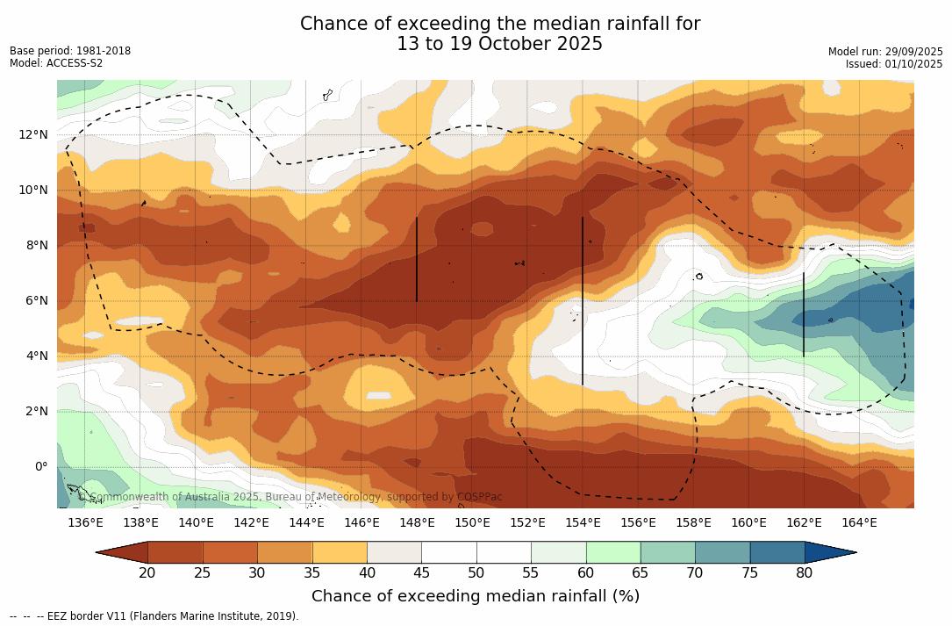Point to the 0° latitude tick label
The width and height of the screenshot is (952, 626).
[x=41, y=466]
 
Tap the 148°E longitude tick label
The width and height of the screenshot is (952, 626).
[x=417, y=523]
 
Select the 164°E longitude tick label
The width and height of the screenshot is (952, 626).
[x=859, y=523]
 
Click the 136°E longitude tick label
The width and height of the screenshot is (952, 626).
[x=85, y=523]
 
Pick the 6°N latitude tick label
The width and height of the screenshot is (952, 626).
[x=38, y=300]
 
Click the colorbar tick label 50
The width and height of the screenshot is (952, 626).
[x=476, y=573]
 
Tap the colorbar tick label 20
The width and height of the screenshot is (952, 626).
[x=147, y=573]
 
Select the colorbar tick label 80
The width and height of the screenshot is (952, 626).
[x=804, y=573]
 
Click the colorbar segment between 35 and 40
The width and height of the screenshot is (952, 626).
[x=340, y=552]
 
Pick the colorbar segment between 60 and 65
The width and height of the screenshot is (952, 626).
[x=613, y=552]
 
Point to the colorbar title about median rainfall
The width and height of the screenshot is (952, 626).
[x=476, y=596]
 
